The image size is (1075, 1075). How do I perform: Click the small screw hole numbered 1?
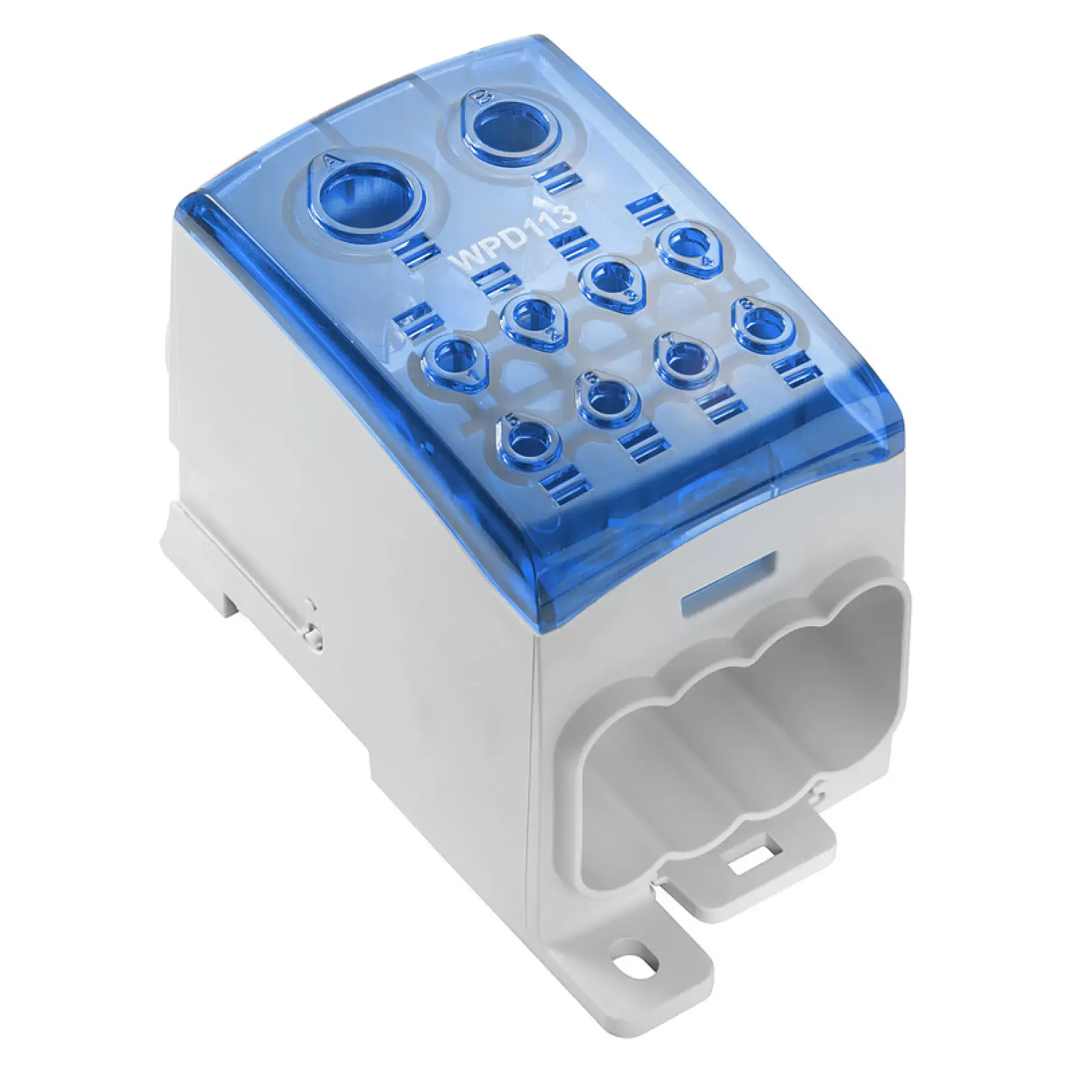click(453, 358)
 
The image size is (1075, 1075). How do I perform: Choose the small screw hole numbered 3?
click(607, 280)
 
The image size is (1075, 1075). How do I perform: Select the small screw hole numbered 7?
click(684, 360)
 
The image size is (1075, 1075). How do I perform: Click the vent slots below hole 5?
click(564, 488)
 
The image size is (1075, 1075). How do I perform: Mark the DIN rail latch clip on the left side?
click(312, 629)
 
